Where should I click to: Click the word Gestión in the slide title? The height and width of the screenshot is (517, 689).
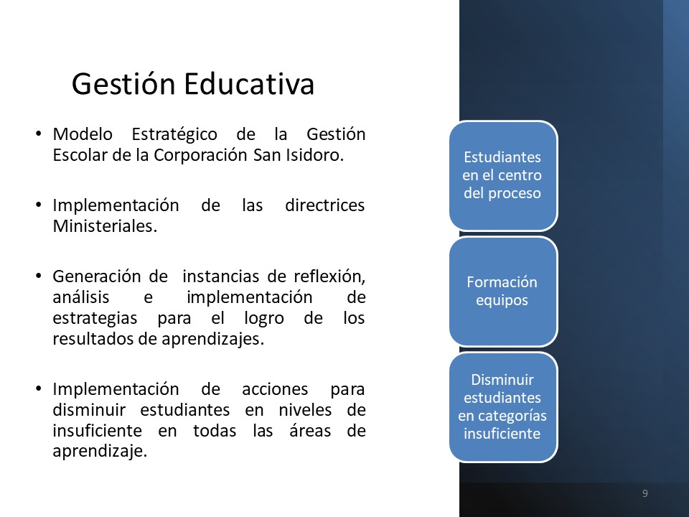(x=123, y=84)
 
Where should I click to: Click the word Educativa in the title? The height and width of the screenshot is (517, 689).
(x=249, y=83)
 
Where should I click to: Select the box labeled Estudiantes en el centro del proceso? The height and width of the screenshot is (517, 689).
(x=503, y=175)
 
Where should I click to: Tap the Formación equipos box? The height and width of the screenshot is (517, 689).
(x=503, y=291)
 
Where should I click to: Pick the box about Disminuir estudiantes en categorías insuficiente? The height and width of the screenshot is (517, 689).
(x=503, y=407)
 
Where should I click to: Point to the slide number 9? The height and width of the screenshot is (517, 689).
(x=645, y=493)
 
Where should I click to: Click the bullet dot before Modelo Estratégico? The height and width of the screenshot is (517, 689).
(x=39, y=134)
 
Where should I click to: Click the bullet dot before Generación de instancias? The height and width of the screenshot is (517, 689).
(x=39, y=276)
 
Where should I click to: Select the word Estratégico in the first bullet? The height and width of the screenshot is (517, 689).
(x=174, y=134)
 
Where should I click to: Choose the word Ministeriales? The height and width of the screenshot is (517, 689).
(x=105, y=226)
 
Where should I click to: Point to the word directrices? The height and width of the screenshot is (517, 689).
(x=324, y=205)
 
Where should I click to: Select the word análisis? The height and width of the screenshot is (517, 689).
(x=81, y=297)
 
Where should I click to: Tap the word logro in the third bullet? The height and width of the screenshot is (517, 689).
(x=264, y=318)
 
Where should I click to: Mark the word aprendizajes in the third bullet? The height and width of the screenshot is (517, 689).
(x=212, y=340)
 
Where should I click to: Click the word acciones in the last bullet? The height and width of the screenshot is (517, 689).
(x=275, y=389)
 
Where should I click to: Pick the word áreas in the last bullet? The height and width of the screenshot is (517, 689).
(x=310, y=430)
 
